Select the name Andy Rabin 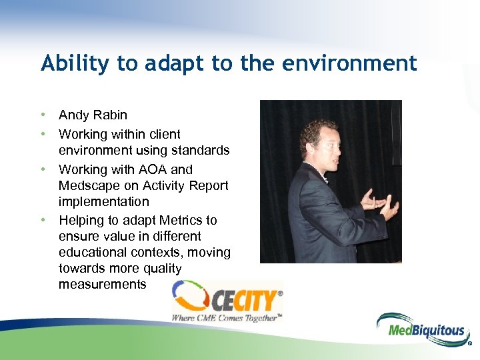(93, 115)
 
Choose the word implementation (104, 201)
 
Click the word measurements (102, 284)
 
